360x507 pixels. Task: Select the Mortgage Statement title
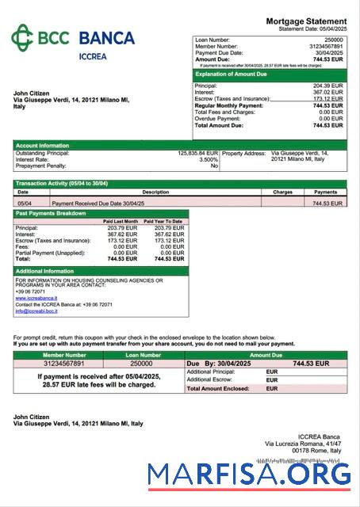pos(306,21)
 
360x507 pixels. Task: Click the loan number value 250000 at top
pos(334,39)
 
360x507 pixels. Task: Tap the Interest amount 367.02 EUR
pos(328,92)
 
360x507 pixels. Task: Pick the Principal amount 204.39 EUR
pos(328,86)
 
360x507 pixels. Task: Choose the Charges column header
pos(283,192)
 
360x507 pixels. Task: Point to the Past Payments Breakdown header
pos(52,214)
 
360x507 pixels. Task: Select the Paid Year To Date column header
pos(165,221)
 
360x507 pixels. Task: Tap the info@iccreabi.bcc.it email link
pos(36,311)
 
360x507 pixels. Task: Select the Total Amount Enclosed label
pos(218,389)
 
